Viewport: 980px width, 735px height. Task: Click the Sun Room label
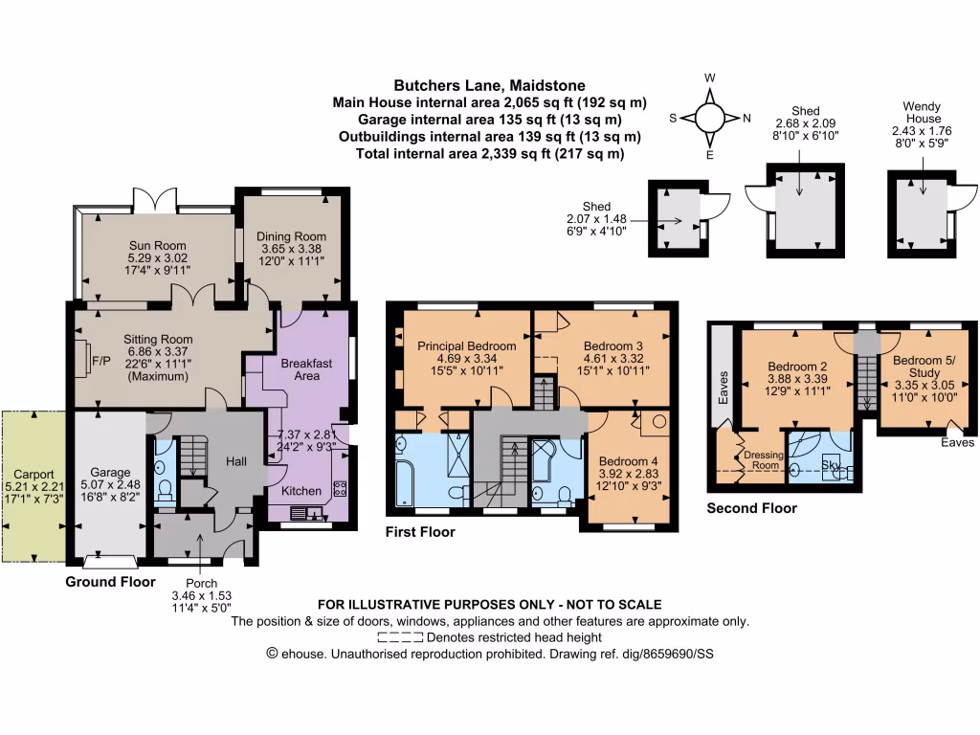(158, 244)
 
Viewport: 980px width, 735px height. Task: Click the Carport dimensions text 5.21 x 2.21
(33, 486)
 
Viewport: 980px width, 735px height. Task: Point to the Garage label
(110, 472)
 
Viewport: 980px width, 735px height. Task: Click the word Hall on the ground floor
(236, 461)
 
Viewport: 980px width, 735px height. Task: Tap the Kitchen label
(301, 491)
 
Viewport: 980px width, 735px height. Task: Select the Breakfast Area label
(306, 369)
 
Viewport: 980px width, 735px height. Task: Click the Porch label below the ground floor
(201, 582)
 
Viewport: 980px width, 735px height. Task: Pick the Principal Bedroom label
(467, 345)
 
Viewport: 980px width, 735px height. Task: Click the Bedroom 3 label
(612, 345)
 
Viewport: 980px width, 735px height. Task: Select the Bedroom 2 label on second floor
(798, 366)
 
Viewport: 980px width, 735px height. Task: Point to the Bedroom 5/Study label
(924, 367)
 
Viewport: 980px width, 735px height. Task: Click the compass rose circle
(710, 118)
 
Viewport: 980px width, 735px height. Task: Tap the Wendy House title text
(922, 113)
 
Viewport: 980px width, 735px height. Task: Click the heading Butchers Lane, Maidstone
(489, 85)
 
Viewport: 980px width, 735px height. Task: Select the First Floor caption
(420, 532)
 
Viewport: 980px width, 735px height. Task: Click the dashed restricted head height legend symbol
(400, 636)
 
